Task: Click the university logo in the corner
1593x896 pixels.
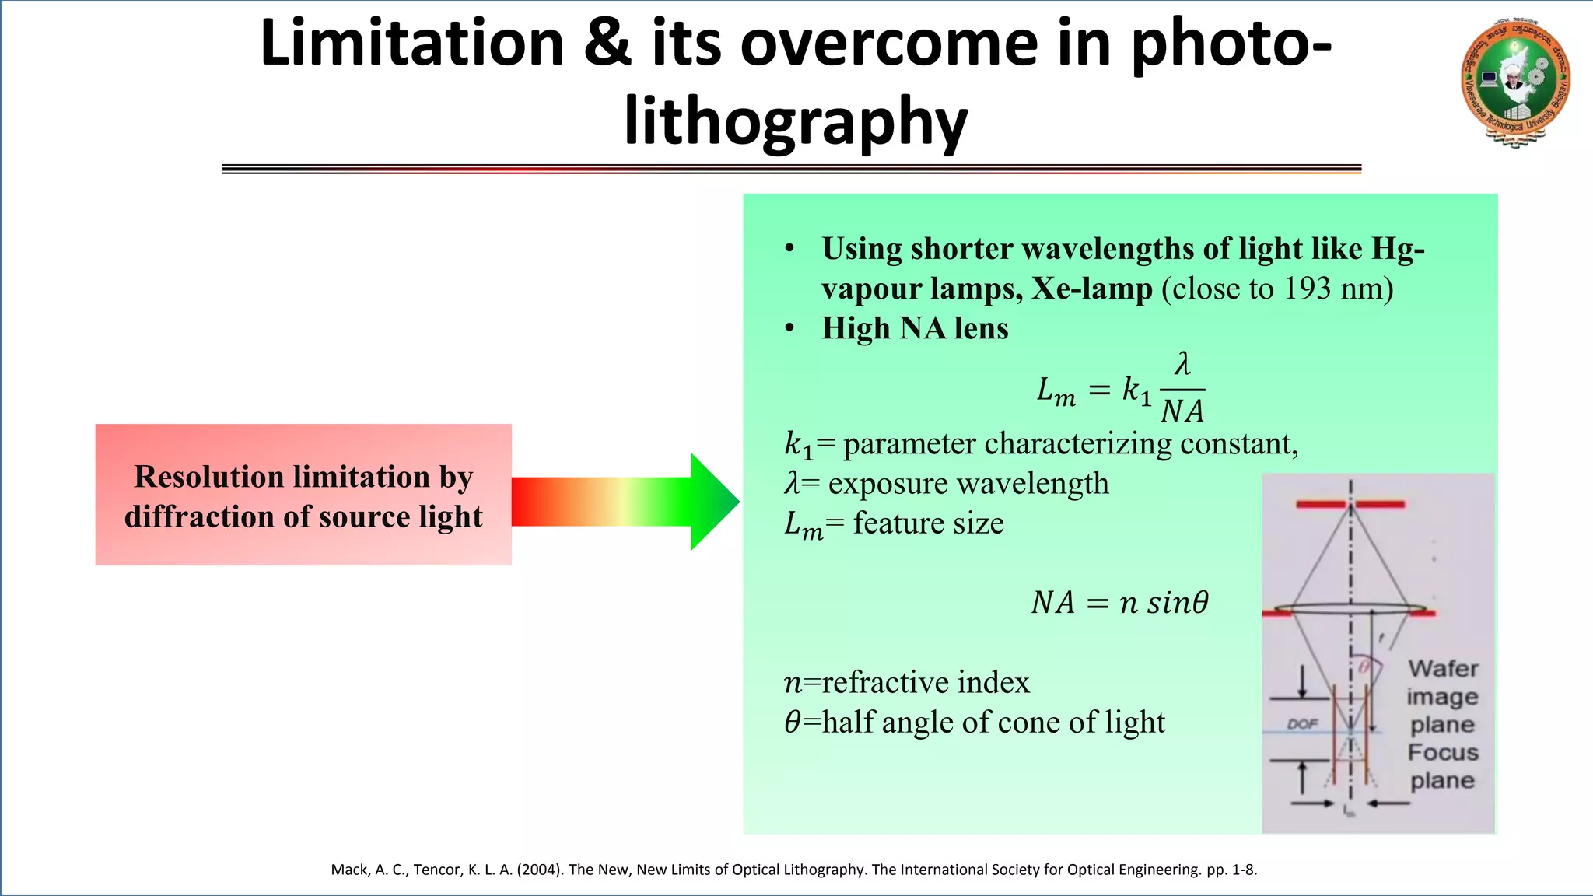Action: (1514, 82)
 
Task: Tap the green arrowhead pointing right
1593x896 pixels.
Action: (713, 502)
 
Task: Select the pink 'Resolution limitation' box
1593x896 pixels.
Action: (303, 495)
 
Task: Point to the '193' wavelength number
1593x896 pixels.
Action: (1307, 289)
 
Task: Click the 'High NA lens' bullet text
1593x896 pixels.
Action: (915, 328)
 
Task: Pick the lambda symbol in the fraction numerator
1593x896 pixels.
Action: (1182, 364)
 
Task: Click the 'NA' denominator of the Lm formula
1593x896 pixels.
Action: (1182, 411)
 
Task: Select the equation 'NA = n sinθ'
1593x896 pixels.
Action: (1120, 603)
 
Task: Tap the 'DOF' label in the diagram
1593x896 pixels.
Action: (1302, 724)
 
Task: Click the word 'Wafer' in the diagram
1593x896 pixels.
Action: (1443, 669)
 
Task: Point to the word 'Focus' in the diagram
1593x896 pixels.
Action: (1443, 753)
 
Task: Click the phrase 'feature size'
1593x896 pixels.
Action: (928, 523)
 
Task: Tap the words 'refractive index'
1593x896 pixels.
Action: (926, 683)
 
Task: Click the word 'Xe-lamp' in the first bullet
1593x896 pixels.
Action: (1092, 289)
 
